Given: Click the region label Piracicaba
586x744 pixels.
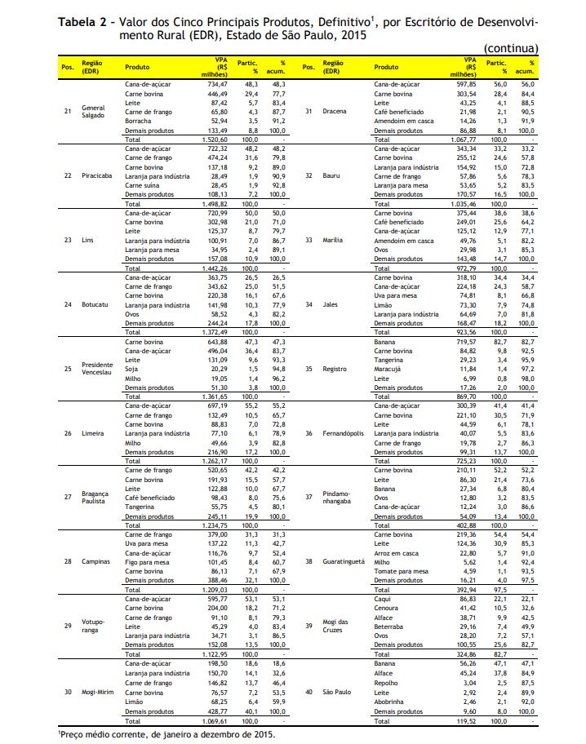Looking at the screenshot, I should click(x=96, y=175).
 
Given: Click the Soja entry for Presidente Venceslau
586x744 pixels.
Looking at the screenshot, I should click(x=131, y=367).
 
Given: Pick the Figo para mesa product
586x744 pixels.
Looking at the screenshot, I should click(x=147, y=561).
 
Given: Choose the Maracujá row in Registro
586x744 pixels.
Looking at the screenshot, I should click(x=388, y=369).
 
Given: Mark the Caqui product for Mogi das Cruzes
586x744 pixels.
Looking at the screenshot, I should click(x=381, y=599).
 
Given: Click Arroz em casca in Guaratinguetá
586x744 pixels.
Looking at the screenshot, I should click(x=397, y=552).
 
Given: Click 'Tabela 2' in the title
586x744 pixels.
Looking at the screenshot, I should click(x=82, y=19).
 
